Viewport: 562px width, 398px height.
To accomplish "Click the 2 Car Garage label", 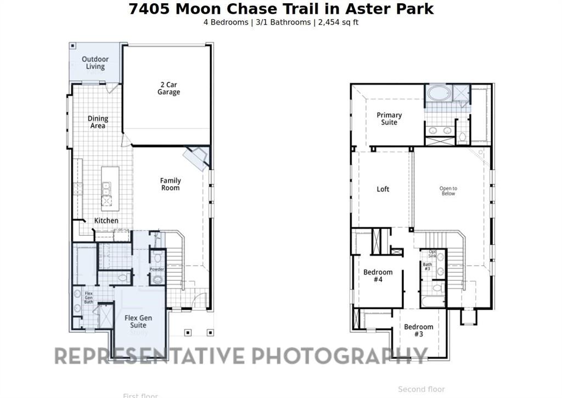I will tap(168, 88).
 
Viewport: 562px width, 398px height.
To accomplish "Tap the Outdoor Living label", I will tap(95, 63).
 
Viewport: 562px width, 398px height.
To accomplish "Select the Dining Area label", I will tap(98, 122).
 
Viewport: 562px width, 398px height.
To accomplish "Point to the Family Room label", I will tap(170, 184).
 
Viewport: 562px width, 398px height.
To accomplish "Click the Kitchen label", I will tap(106, 221).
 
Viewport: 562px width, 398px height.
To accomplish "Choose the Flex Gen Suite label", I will tap(138, 321).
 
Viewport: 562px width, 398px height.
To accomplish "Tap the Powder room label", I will tap(157, 270).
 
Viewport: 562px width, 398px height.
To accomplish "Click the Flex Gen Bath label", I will tap(88, 298).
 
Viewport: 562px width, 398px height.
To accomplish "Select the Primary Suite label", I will tap(389, 119).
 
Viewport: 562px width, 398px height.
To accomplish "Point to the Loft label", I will tap(383, 189).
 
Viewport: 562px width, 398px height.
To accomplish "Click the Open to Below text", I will tap(448, 190).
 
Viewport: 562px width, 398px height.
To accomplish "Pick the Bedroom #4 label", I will tap(378, 276).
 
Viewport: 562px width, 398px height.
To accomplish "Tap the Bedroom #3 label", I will tap(418, 330).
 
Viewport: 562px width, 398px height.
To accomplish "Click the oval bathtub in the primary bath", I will tap(439, 93).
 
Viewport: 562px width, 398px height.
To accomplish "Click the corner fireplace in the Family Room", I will tap(195, 157).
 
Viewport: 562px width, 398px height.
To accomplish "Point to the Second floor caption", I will tap(421, 389).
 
